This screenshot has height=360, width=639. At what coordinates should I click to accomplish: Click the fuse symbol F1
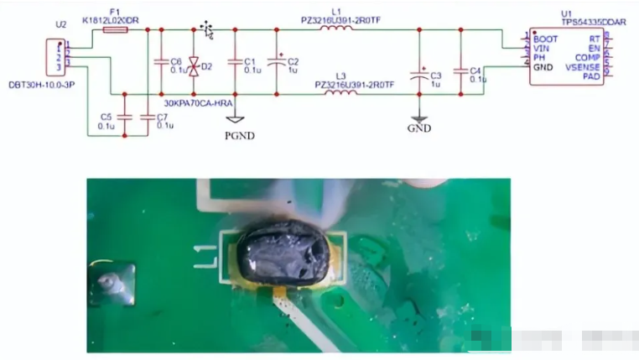coord(114,30)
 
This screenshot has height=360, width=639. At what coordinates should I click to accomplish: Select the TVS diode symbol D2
coord(194,64)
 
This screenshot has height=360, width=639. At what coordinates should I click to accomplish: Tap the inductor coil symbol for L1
coord(336,30)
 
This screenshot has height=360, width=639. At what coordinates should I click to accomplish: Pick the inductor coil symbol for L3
coord(339,93)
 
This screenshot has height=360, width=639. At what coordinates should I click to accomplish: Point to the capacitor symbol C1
coord(234,63)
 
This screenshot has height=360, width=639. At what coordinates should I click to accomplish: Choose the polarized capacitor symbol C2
coord(276,63)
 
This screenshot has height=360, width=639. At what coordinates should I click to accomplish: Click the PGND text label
coord(239,134)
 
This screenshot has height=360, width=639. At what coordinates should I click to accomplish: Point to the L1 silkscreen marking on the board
coord(202,250)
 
